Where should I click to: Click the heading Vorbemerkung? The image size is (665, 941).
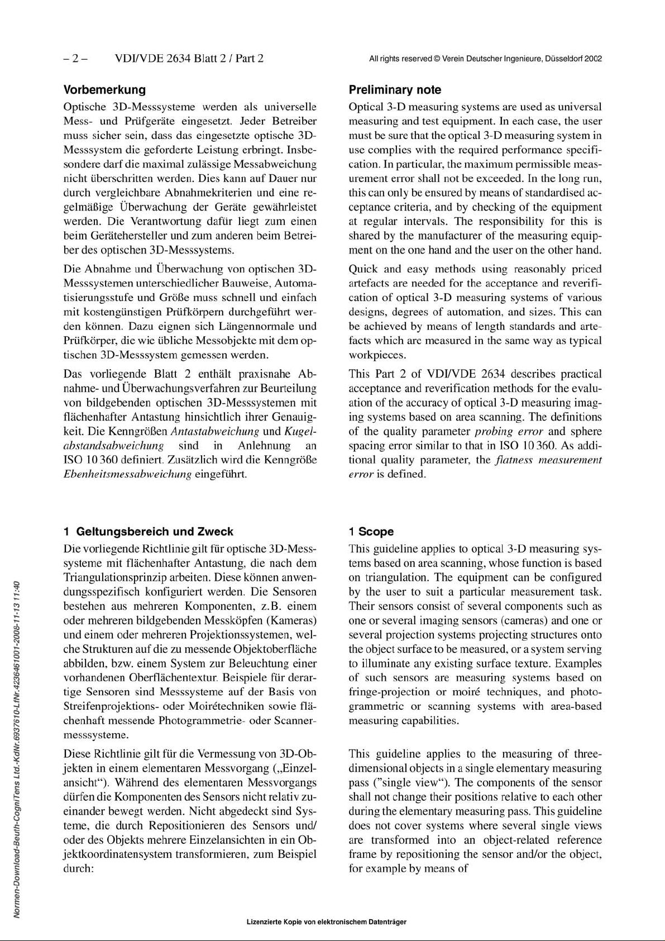pos(104,89)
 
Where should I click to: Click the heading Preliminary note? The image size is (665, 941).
pos(394,90)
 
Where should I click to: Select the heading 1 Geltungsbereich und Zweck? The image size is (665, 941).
pos(149,532)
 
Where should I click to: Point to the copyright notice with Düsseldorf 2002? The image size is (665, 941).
pos(485,59)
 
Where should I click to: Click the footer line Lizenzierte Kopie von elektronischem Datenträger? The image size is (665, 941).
pos(326,922)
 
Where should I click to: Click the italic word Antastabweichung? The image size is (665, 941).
pos(214,431)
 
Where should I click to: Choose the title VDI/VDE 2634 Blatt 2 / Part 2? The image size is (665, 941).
pos(189,58)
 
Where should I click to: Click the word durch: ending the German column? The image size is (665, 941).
pos(78,868)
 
